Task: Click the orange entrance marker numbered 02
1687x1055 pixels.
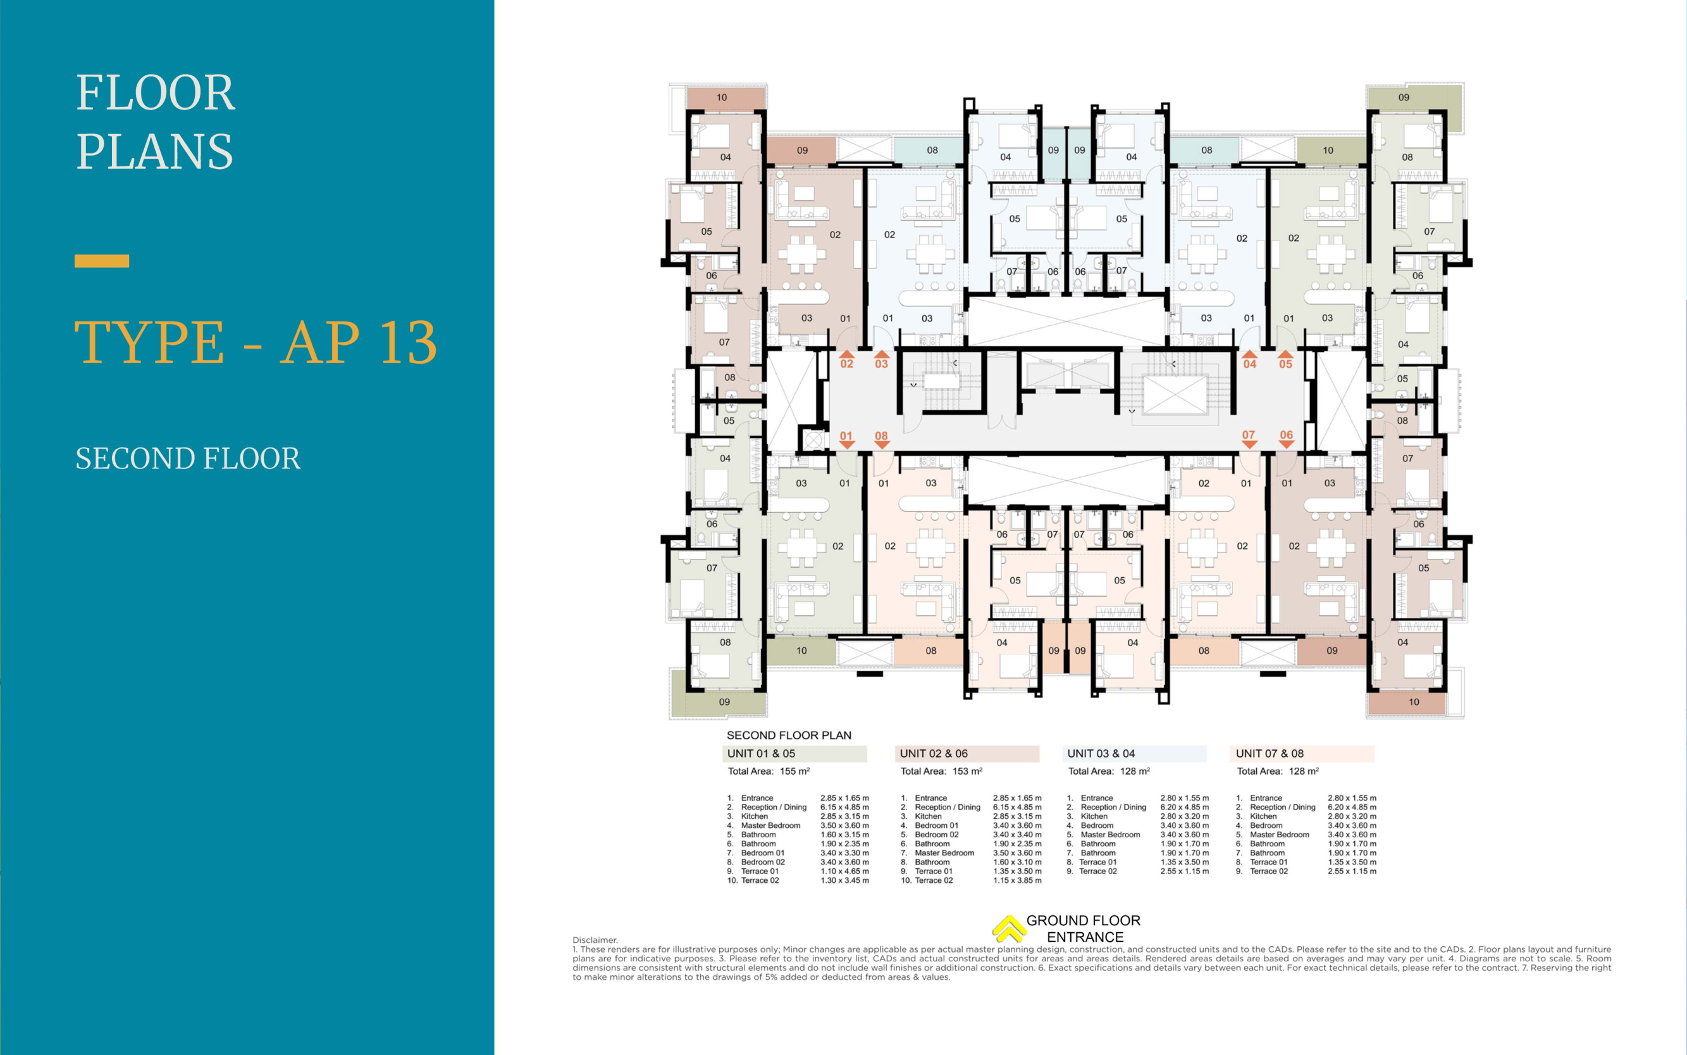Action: pyautogui.click(x=846, y=359)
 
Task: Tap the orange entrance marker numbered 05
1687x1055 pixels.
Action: pyautogui.click(x=1285, y=359)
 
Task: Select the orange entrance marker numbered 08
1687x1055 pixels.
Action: pyautogui.click(x=882, y=440)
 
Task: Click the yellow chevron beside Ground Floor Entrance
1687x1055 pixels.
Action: pyautogui.click(x=1008, y=928)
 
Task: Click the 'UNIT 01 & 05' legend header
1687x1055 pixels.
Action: pyautogui.click(x=761, y=754)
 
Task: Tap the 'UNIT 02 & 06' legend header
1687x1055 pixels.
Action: pyautogui.click(x=934, y=754)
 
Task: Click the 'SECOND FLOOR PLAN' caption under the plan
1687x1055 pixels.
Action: pyautogui.click(x=789, y=735)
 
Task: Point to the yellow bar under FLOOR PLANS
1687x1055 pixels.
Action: pyautogui.click(x=102, y=261)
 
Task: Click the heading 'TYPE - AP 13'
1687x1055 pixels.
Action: pyautogui.click(x=256, y=342)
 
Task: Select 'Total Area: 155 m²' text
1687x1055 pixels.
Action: pyautogui.click(x=769, y=771)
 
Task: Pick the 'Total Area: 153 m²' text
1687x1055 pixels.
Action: pyautogui.click(x=941, y=771)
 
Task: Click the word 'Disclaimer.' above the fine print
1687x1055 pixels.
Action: pyautogui.click(x=595, y=940)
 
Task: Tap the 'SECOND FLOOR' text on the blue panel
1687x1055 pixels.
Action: pyautogui.click(x=188, y=458)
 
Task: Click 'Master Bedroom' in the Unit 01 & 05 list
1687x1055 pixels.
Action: pyautogui.click(x=770, y=825)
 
